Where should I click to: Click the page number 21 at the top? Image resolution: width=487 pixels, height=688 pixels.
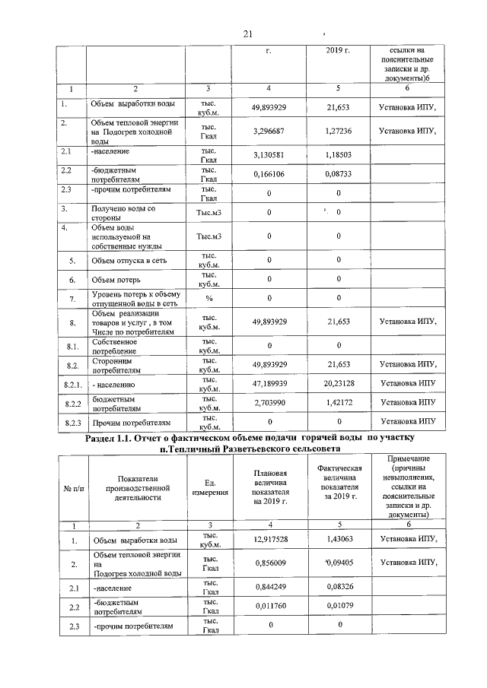click(247, 34)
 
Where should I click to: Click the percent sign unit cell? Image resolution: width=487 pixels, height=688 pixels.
click(208, 298)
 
